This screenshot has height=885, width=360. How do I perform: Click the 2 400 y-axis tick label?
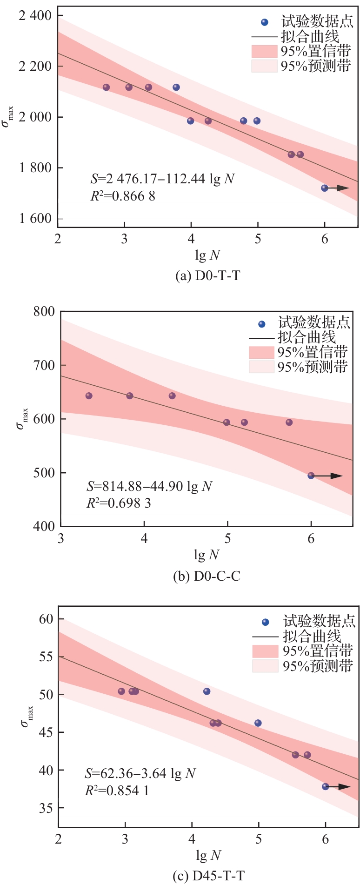[35, 15]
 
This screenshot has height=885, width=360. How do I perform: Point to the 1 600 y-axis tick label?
[35, 218]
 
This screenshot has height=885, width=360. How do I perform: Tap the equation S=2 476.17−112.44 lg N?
[162, 179]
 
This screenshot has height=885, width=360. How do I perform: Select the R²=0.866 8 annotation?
[123, 196]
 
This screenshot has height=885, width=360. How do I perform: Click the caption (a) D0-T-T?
[207, 275]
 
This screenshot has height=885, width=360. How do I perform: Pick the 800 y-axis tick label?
[44, 311]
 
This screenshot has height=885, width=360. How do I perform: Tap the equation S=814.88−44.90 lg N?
[149, 486]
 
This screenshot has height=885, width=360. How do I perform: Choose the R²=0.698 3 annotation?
[119, 503]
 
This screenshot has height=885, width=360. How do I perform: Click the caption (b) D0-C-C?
[207, 576]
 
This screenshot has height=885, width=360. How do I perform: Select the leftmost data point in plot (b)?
[89, 396]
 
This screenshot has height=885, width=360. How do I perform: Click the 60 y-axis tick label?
[46, 618]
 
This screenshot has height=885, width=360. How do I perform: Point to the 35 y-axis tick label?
[46, 808]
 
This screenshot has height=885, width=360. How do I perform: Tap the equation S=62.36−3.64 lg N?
[140, 773]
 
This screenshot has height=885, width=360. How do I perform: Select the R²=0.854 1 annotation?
[117, 790]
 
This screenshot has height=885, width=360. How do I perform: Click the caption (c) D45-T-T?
[208, 876]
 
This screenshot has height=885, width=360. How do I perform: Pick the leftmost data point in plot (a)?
[106, 87]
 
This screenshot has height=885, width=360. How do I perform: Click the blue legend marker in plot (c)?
[266, 622]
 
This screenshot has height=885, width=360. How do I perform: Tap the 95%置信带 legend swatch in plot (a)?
[264, 51]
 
